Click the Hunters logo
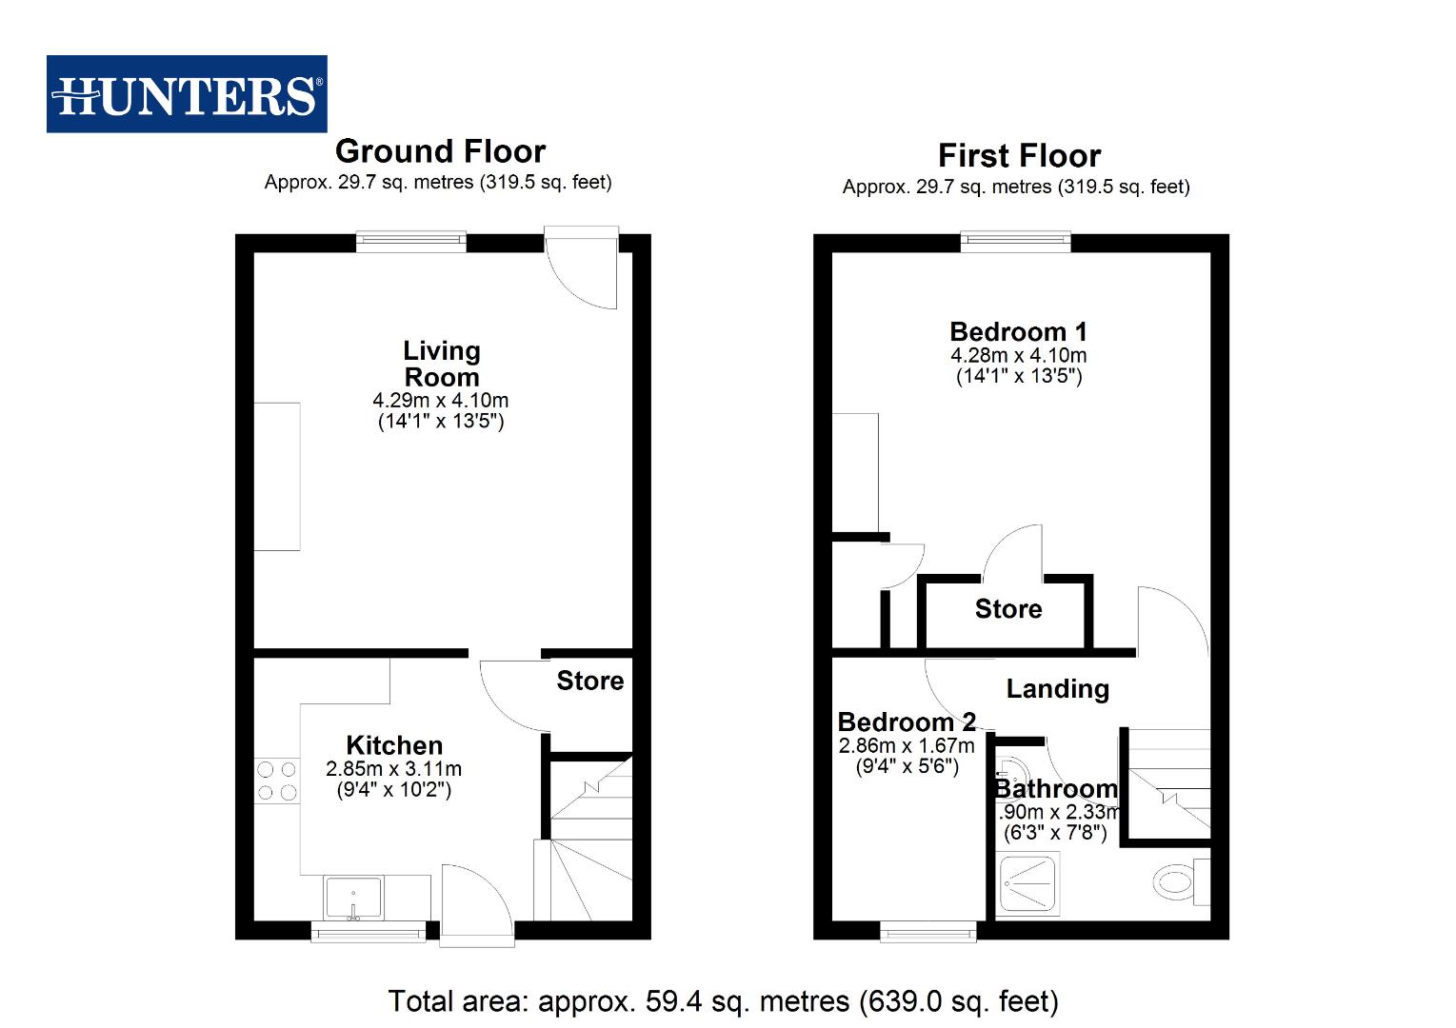pos(187,94)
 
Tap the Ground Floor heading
pos(440,151)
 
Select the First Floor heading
pos(1019,155)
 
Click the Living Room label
pos(441,364)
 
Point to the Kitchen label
pos(394,745)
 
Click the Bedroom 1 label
pos(1018,332)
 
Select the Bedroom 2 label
pos(907,722)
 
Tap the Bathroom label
pos(1056,789)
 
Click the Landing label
pos(1057,688)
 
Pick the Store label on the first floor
pos(1008,609)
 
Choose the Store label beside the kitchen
pos(589,681)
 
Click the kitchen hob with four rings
pos(277,781)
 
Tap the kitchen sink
pos(353,898)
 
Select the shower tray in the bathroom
pos(1027,886)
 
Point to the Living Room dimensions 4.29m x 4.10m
pos(440,401)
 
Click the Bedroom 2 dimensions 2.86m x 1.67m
pos(907,746)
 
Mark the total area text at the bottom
pos(723,1001)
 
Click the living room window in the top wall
pos(411,243)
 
